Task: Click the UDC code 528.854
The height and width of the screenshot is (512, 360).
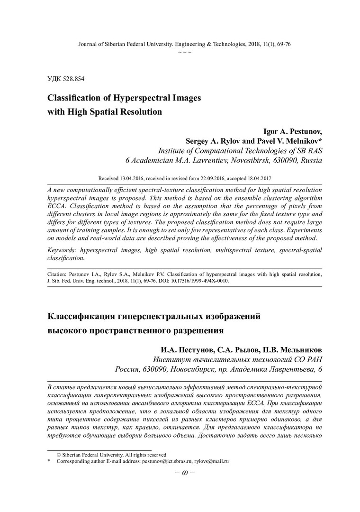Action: [74, 78]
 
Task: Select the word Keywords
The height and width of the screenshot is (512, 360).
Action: [63, 250]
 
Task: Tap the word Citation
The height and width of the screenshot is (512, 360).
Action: [58, 274]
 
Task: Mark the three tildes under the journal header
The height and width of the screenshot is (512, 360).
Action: [184, 51]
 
